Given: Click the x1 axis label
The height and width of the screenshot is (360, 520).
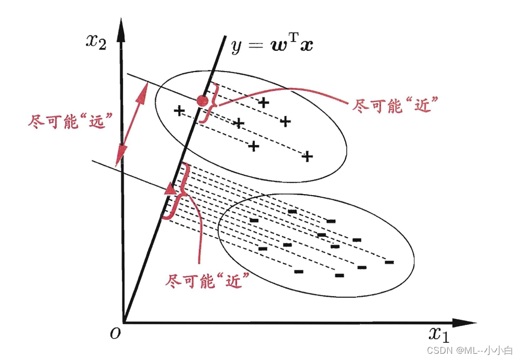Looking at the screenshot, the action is [x=439, y=333].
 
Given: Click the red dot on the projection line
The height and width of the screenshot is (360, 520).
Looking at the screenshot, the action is [x=201, y=101].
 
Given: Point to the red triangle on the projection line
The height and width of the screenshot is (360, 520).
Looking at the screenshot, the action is [x=171, y=188].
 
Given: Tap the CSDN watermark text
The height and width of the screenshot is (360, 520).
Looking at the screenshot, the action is [x=470, y=350].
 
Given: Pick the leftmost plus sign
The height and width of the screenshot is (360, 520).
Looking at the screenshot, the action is [x=179, y=111].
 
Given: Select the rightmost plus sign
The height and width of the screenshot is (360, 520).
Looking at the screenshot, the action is [x=308, y=156].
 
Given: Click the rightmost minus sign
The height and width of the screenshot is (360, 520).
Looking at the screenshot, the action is [x=389, y=262].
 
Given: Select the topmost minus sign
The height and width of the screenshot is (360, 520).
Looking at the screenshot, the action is [x=293, y=211].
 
